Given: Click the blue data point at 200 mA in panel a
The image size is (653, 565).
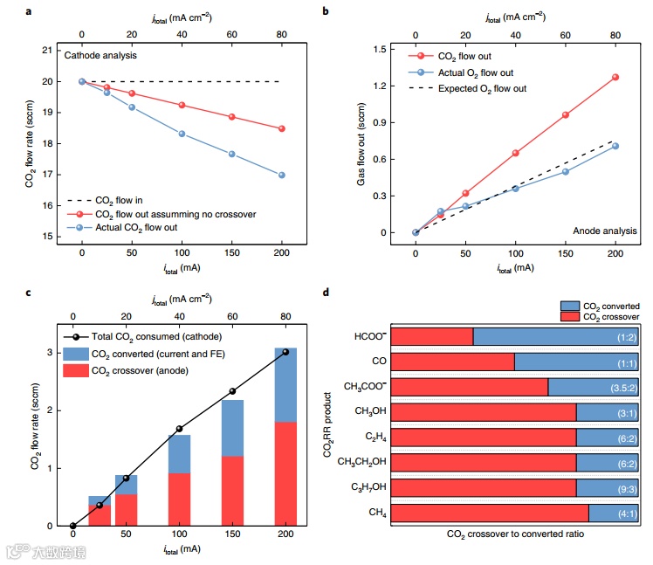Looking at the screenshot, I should click(282, 175).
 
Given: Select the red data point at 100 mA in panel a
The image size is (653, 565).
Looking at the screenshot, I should click(182, 105).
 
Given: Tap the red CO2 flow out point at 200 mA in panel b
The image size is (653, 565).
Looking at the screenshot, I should click(615, 77).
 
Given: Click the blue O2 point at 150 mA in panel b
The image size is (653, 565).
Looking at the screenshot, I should click(566, 171).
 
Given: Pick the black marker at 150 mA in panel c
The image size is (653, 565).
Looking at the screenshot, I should click(232, 391).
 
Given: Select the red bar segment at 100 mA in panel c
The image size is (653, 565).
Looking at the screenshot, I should click(179, 499).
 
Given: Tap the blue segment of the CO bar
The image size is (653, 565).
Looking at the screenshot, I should click(576, 362).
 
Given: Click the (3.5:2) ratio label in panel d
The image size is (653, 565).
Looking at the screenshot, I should click(620, 387).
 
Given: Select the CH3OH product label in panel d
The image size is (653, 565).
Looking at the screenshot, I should click(365, 411).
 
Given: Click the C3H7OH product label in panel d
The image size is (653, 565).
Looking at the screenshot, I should click(364, 486).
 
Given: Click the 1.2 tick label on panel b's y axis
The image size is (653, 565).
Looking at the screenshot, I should click(380, 86).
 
